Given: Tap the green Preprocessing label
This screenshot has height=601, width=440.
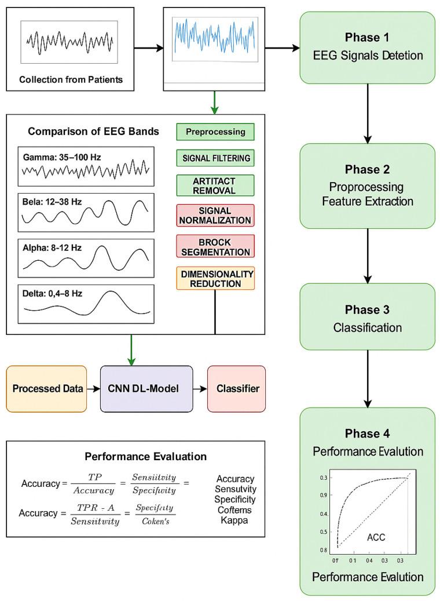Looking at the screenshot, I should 215,132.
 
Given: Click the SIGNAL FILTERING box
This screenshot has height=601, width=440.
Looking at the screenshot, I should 215,157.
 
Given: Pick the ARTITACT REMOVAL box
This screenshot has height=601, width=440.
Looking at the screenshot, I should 215,185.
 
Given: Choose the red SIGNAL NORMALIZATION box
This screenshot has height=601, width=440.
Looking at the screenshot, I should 215,215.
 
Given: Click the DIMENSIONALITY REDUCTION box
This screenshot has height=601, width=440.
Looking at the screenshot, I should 215,278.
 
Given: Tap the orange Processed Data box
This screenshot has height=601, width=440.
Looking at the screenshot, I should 46,388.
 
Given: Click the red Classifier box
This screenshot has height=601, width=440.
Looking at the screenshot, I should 236,388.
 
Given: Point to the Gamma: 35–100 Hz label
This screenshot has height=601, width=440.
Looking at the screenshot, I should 57,156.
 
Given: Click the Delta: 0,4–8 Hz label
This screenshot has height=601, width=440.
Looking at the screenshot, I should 54,293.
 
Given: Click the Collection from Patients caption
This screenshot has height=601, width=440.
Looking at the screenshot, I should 70,79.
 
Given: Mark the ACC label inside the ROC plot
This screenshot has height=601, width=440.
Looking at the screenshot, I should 376,537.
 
